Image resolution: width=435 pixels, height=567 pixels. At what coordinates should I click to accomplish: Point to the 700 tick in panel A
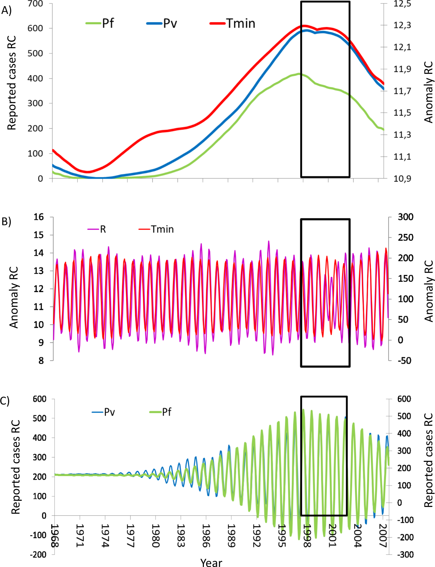tap(35, 4)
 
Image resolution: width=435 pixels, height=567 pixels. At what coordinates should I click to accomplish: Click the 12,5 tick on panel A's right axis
tap(402, 4)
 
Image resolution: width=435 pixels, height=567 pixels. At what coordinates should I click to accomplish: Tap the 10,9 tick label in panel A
tap(402, 178)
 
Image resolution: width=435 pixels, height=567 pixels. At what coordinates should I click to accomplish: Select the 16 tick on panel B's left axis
tap(39, 217)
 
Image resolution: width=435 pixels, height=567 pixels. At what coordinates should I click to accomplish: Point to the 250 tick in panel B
tap(405, 237)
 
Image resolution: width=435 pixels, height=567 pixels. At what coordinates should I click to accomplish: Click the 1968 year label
tap(54, 535)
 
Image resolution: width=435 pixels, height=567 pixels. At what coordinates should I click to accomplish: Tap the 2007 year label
tap(383, 535)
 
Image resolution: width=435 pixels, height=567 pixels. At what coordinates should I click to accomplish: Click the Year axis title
tap(211, 562)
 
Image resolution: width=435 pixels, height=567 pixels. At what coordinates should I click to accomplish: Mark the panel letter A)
tap(6, 11)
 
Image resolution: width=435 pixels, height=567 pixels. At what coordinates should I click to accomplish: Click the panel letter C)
tap(5, 401)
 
